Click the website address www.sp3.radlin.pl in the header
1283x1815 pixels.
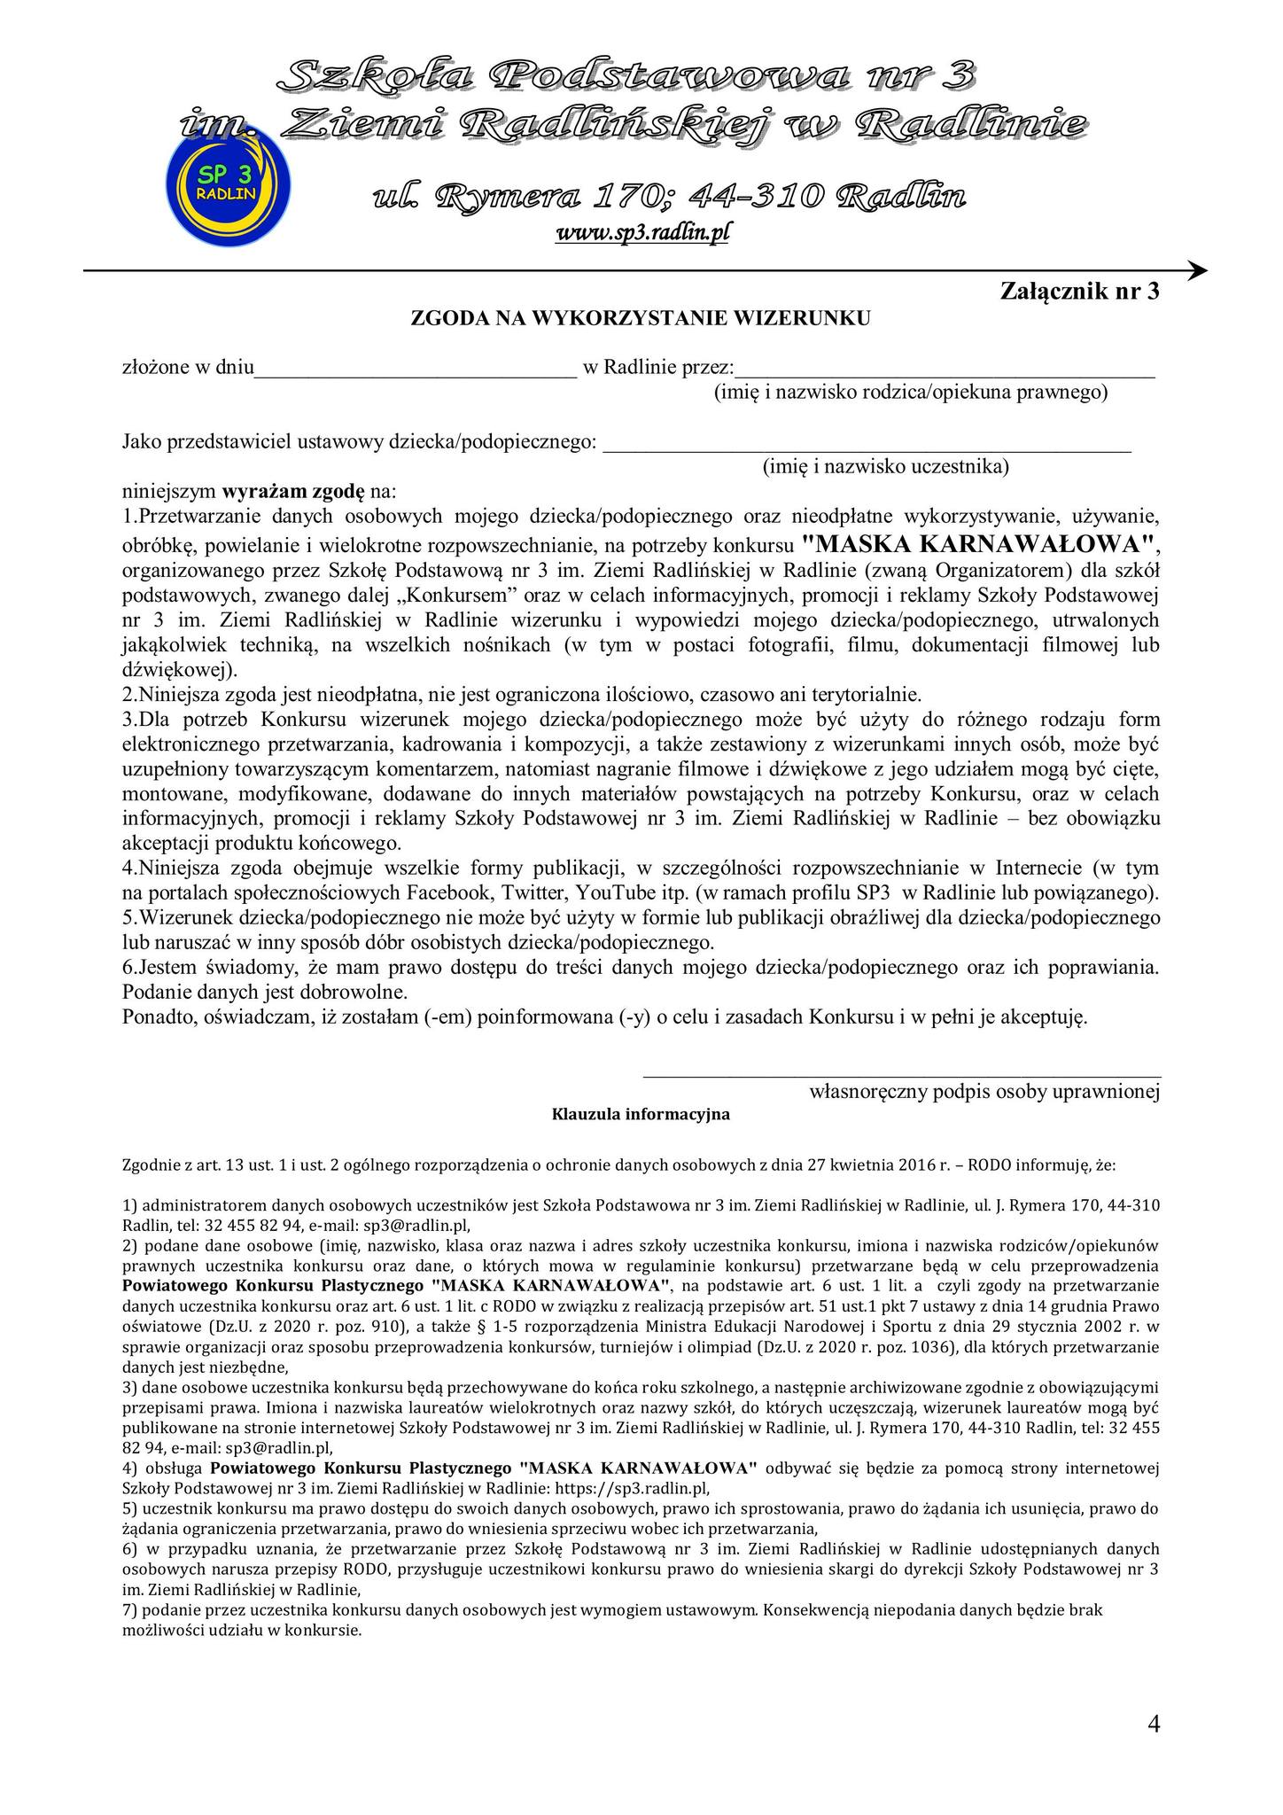coord(641,232)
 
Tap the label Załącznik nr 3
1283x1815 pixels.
coord(1079,292)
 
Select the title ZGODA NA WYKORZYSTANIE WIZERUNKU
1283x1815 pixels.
coord(641,318)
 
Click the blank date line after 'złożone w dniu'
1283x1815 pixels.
coord(416,370)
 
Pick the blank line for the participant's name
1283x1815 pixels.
coord(867,445)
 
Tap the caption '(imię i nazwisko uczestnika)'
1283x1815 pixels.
coord(885,466)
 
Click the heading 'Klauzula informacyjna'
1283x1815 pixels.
coord(641,1115)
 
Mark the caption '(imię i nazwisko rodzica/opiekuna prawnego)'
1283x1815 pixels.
coord(911,392)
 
